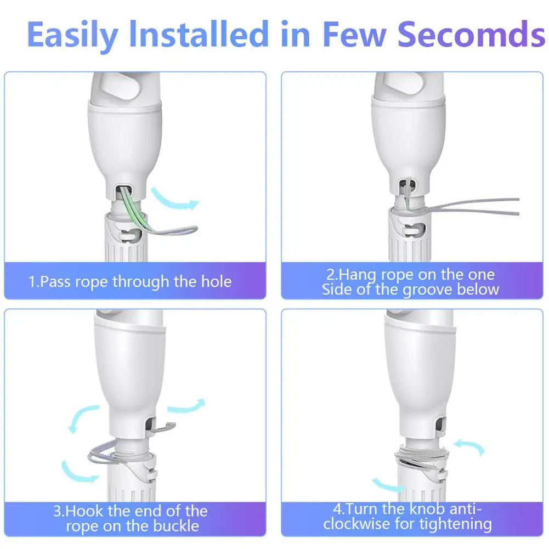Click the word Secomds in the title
(x=472, y=34)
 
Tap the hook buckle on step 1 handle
(x=129, y=234)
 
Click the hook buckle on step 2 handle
(x=415, y=230)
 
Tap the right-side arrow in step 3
(x=185, y=406)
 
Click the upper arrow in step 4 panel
(x=469, y=446)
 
